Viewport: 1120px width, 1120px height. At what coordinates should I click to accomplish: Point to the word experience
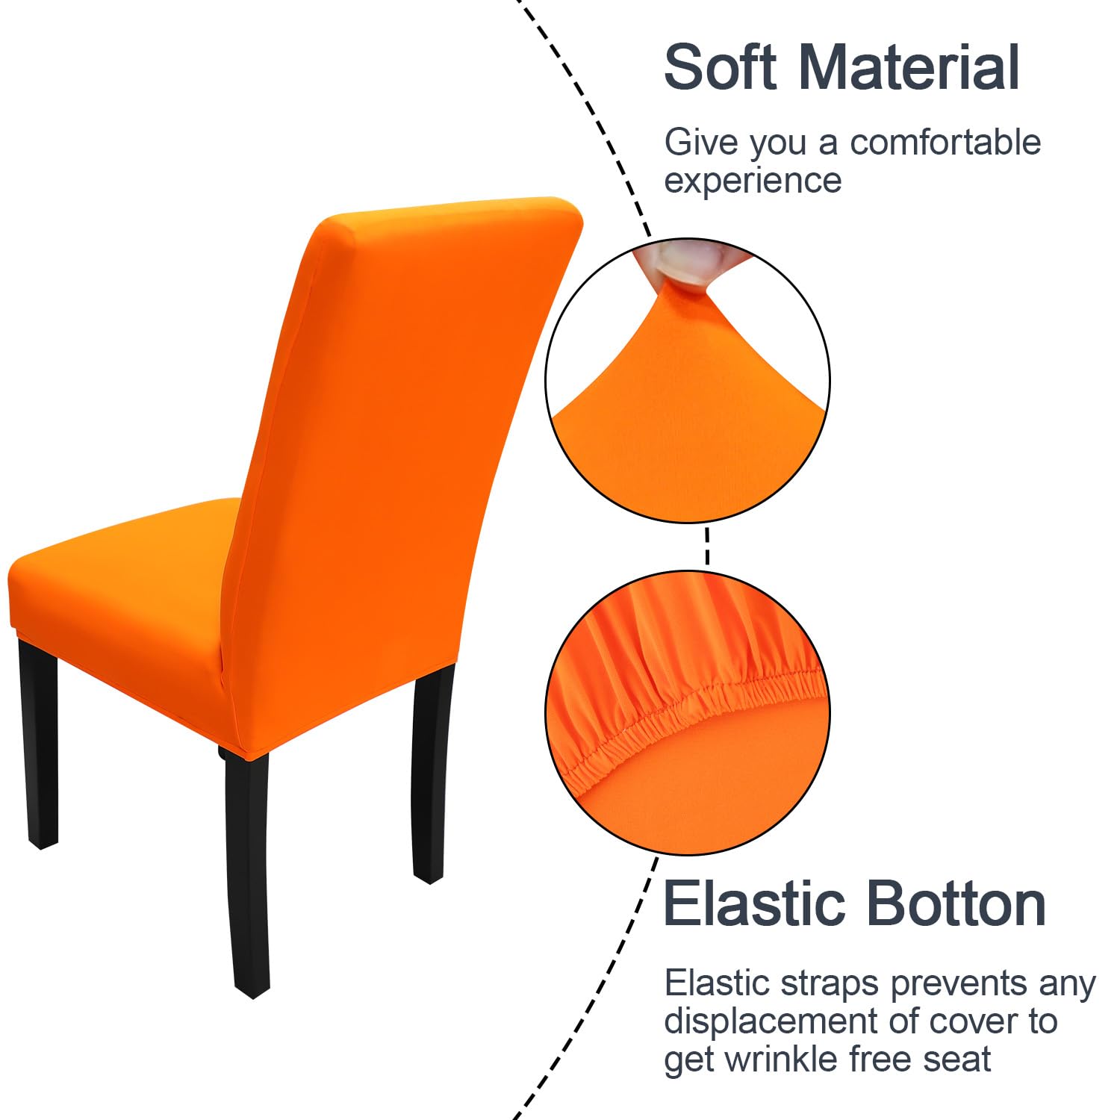[x=753, y=181]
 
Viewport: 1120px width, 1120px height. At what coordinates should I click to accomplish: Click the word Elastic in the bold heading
[x=755, y=904]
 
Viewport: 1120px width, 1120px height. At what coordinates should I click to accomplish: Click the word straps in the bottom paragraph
[x=830, y=984]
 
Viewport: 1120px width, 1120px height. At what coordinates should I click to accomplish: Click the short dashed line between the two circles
[x=706, y=547]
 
